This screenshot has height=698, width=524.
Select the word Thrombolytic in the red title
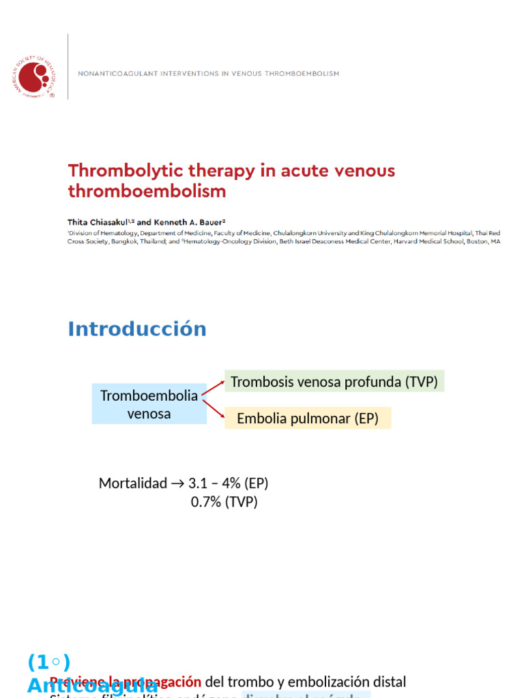pos(117,171)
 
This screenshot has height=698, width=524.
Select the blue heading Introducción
pos(136,329)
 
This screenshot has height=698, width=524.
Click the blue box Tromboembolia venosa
pos(149,405)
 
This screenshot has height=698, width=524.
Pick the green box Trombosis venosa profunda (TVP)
pos(334,382)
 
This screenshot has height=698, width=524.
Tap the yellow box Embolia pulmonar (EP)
pos(308,419)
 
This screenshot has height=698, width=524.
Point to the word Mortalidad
pos(132,483)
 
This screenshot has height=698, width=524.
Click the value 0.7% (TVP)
pos(224,502)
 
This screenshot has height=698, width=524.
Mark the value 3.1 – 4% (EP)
pos(228,483)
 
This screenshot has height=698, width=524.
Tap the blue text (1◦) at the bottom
pos(48,662)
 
